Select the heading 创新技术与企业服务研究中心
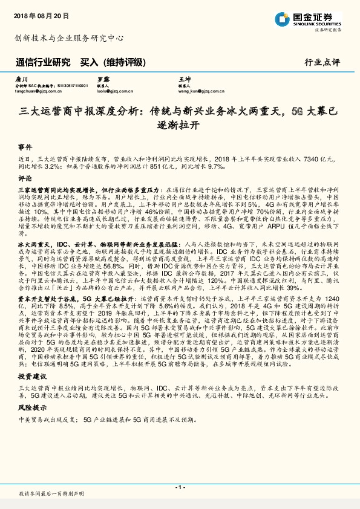[69, 37]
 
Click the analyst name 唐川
[21, 79]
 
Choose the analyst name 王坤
[184, 79]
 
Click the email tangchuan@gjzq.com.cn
[37, 91]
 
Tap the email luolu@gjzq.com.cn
[115, 91]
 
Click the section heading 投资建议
[29, 376]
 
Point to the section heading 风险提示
[29, 408]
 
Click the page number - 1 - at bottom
[180, 487]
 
